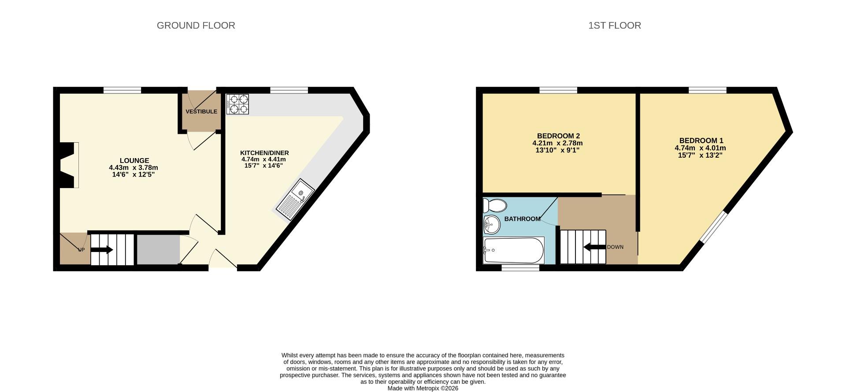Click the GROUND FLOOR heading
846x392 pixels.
point(196,26)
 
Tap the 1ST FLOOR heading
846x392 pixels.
point(615,26)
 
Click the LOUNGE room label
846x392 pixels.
point(134,161)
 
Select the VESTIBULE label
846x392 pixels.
point(201,111)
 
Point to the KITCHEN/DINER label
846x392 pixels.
point(264,153)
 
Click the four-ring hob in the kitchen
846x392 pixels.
point(237,104)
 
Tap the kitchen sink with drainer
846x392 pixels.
point(295,199)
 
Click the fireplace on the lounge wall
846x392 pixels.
point(69,165)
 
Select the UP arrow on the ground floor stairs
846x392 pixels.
point(102,250)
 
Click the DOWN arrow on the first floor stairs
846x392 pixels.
point(594,247)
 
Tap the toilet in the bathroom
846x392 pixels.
point(494,205)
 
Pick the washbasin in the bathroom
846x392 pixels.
point(492,225)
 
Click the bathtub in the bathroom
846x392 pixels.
point(514,250)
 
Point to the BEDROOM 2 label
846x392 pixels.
point(558,136)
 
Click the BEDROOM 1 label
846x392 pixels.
point(701,141)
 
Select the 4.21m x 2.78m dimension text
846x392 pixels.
point(557,143)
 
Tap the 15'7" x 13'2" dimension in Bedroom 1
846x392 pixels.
point(700,155)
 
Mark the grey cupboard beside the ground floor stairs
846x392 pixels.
point(158,250)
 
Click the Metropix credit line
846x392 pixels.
point(423,388)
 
